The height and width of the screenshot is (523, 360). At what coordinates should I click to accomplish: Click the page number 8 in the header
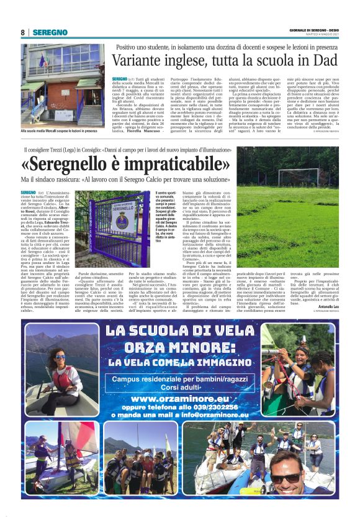(23, 32)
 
